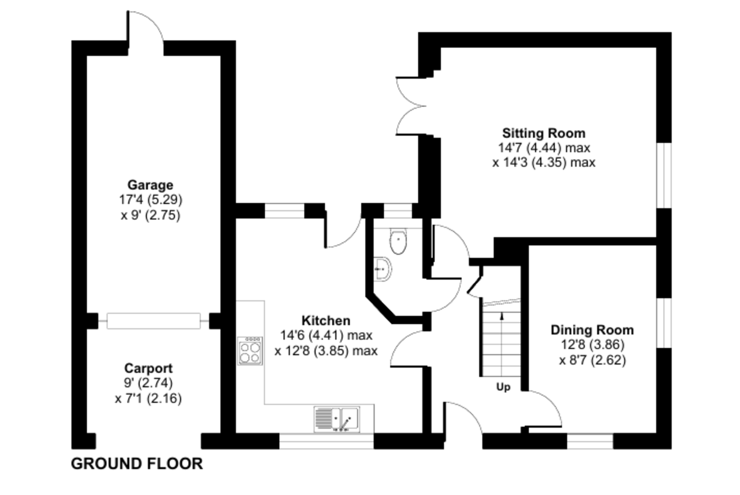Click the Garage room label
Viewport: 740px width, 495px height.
(150, 185)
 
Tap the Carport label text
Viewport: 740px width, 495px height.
(148, 368)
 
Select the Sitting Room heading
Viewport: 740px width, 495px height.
(544, 133)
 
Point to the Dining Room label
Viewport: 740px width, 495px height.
(592, 330)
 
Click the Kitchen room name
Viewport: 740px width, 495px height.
(326, 320)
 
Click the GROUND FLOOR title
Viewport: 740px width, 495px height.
(137, 464)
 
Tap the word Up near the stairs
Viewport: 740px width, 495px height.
(503, 387)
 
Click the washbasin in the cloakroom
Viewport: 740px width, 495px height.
(382, 269)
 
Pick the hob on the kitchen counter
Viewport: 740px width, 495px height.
(250, 350)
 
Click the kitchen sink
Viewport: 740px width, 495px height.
(337, 419)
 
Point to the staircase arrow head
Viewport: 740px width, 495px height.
(502, 316)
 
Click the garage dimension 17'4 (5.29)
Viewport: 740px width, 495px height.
(151, 200)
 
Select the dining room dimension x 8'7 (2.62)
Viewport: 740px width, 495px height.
(593, 360)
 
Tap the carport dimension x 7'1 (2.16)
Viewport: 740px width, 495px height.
(149, 398)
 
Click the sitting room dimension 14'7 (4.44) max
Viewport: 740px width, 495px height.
(544, 148)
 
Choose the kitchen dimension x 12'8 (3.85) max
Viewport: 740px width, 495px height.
(326, 351)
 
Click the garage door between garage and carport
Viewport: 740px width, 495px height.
(154, 321)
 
